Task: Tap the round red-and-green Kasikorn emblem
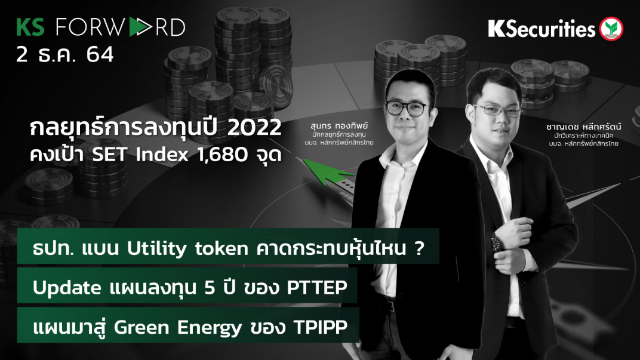pyautogui.click(x=611, y=29)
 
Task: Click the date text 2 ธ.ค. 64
pyautogui.click(x=65, y=54)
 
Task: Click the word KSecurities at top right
pyautogui.click(x=541, y=29)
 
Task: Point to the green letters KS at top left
pyautogui.click(x=30, y=27)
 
